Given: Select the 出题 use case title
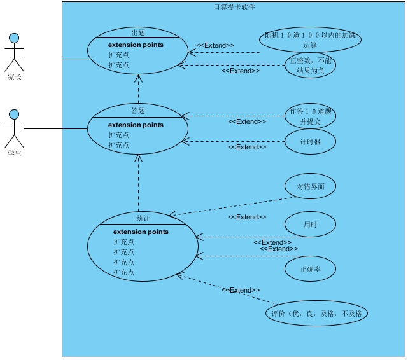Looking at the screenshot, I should [x=138, y=33].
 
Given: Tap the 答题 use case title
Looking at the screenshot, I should [x=138, y=111].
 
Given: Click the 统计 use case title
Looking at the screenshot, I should [x=143, y=218].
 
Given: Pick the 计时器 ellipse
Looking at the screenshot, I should [x=310, y=142].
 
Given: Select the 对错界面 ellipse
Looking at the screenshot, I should [x=310, y=187].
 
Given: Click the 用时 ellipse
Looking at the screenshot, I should [x=310, y=225].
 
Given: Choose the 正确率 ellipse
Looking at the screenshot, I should [x=310, y=269].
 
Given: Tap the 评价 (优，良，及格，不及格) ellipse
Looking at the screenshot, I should [x=316, y=314].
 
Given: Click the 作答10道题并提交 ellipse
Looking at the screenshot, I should [x=310, y=116].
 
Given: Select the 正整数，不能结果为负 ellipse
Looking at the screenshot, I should [x=310, y=65].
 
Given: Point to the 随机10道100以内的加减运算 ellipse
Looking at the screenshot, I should [x=310, y=39].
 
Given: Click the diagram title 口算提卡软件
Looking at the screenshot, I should [x=234, y=7].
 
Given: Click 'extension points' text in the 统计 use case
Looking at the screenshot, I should [x=141, y=232].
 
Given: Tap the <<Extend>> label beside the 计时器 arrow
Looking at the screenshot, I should [x=247, y=147].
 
